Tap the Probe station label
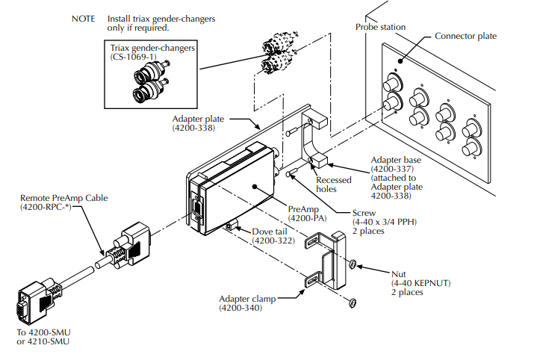tap(381, 27)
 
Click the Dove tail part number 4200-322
tap(274, 241)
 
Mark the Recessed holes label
tap(332, 184)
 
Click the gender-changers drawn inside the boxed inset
tap(150, 83)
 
